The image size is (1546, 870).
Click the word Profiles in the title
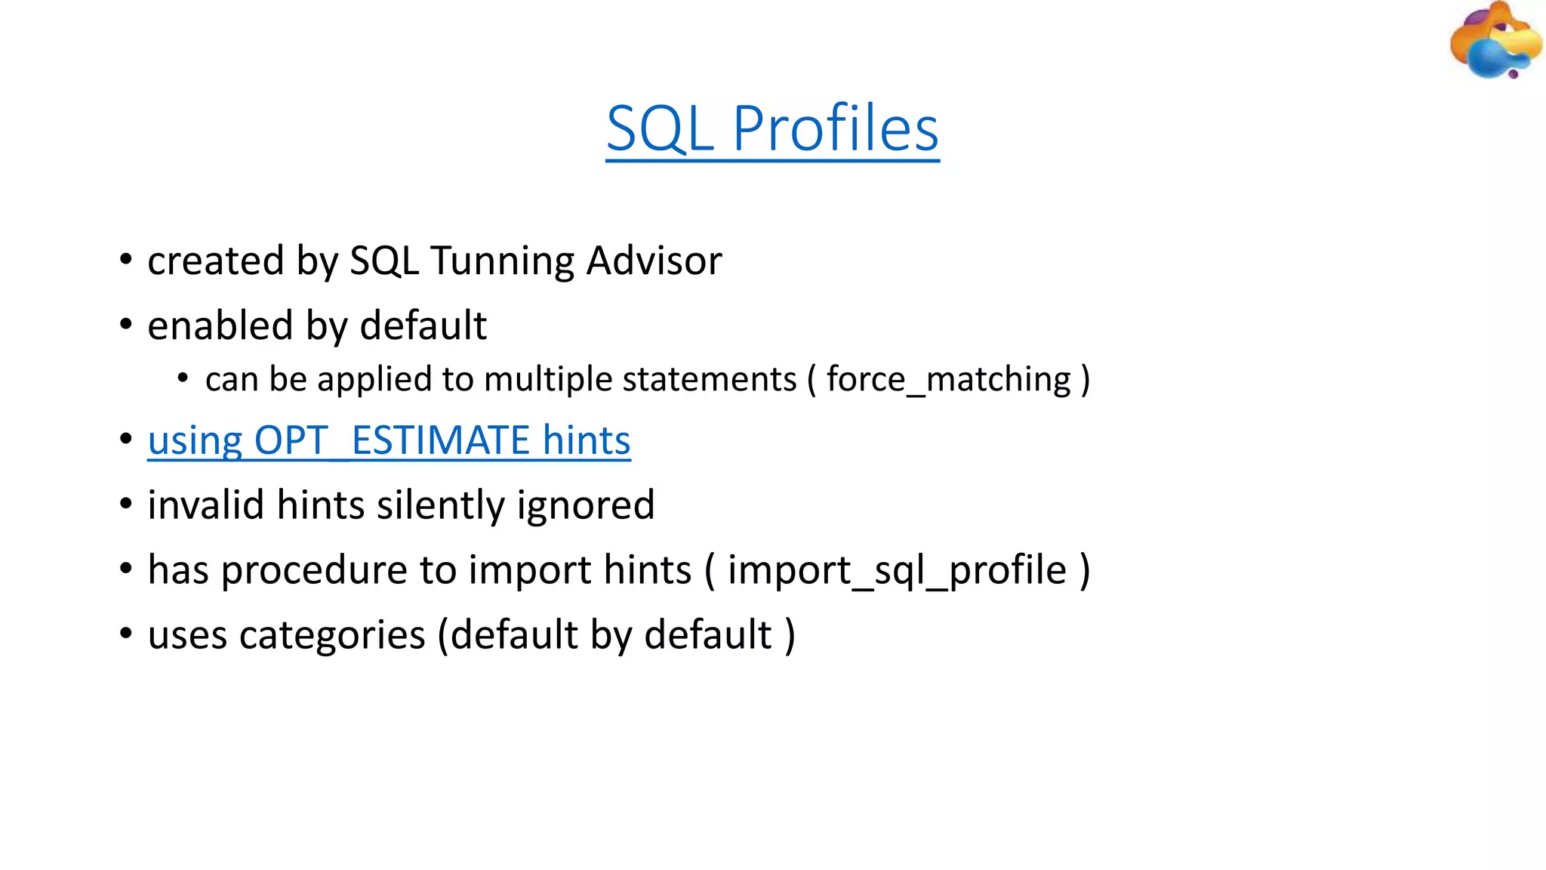836,128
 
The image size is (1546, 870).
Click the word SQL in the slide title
660,128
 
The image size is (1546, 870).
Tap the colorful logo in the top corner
1494,41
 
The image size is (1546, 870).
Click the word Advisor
654,261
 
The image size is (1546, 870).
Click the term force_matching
948,379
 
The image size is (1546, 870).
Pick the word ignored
586,505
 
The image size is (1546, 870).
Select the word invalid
206,505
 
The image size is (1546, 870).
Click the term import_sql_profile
896,570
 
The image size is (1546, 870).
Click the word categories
331,635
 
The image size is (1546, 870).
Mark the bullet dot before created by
126,261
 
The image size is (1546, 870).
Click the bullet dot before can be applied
183,378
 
